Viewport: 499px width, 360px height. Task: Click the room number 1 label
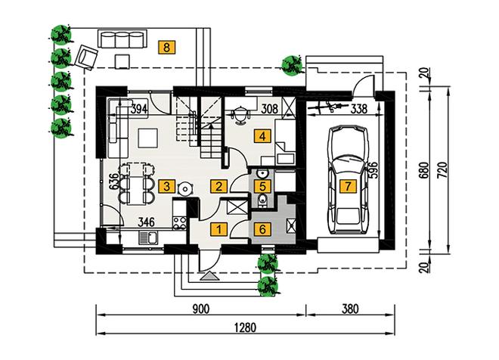[217, 230]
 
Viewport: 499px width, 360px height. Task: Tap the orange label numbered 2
[217, 186]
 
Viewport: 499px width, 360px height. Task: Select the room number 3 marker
[166, 186]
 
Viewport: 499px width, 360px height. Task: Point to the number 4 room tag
[262, 137]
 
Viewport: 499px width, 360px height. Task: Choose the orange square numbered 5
[262, 184]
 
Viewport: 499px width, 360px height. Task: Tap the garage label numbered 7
[347, 186]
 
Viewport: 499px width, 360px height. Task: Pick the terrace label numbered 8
[166, 47]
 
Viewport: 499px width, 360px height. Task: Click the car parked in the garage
[347, 178]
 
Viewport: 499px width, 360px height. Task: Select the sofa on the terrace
[122, 39]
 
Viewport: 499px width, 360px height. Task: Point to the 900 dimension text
[200, 310]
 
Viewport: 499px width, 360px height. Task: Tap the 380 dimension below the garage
[349, 310]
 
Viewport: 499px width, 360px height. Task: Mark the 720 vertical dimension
[451, 172]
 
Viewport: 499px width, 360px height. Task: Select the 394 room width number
[138, 109]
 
